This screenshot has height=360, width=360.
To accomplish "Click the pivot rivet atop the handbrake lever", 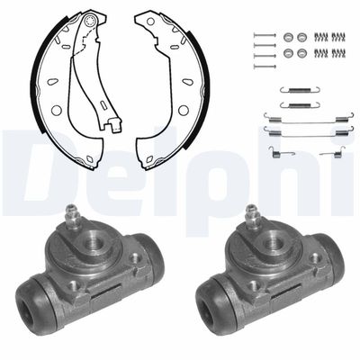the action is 89,21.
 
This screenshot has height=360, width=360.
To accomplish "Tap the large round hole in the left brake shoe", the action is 56,110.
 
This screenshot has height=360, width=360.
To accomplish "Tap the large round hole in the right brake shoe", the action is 184,110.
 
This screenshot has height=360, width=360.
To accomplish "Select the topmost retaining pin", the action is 265,35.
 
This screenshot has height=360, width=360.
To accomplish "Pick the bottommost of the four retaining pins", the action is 265,66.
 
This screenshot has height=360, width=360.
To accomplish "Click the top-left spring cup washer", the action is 288,37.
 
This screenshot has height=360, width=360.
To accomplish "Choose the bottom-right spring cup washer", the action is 301,53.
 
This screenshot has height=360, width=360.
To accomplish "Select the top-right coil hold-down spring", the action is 337,37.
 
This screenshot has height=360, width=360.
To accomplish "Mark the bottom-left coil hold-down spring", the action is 320,53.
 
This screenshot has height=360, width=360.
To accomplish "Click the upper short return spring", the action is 300,89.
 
